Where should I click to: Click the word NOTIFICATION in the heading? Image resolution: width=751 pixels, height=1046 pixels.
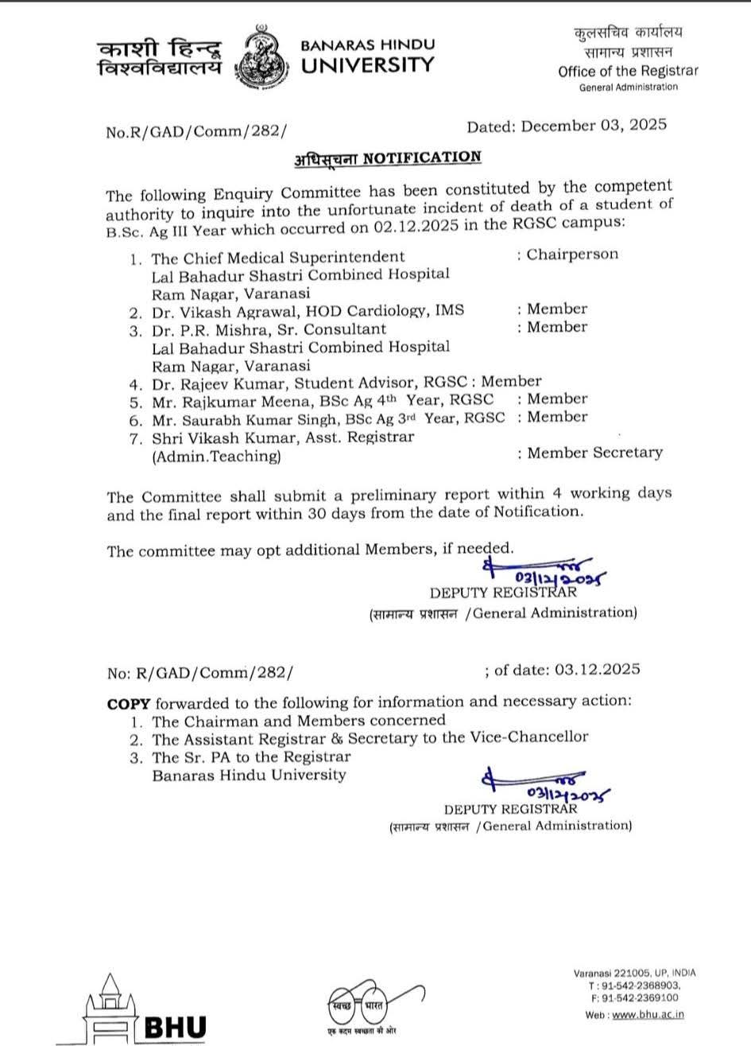pyautogui.click(x=422, y=157)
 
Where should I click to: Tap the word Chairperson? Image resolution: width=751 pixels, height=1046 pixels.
pyautogui.click(x=572, y=255)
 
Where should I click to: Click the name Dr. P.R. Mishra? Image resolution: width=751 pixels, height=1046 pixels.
pyautogui.click(x=203, y=328)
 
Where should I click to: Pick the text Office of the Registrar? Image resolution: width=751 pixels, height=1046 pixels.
pyautogui.click(x=628, y=71)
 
